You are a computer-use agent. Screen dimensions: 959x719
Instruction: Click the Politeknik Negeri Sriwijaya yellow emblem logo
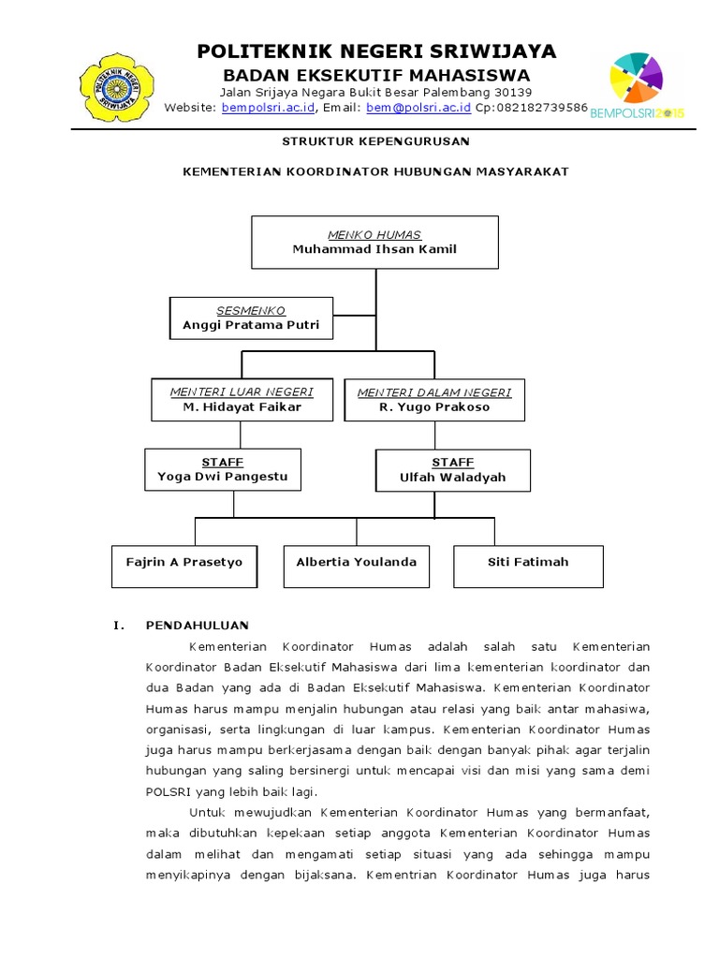tap(118, 86)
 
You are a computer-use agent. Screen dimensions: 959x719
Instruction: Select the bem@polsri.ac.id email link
tap(418, 109)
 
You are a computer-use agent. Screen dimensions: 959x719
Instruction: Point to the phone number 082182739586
tap(544, 109)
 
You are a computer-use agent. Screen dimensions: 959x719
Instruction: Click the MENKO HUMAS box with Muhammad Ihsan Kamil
tap(374, 242)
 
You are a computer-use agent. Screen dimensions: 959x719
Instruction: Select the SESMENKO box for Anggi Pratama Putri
tap(251, 318)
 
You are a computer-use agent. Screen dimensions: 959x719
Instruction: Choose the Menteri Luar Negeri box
tap(242, 399)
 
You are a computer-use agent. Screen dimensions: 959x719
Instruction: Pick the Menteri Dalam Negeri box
tap(434, 399)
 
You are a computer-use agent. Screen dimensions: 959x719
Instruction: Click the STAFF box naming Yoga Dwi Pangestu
tap(223, 469)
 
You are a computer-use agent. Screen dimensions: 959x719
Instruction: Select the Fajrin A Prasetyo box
tap(184, 566)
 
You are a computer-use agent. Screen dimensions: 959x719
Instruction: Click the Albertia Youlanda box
tap(357, 566)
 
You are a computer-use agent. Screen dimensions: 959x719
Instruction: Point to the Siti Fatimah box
tap(528, 566)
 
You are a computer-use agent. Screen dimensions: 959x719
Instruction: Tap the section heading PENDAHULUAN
tap(198, 625)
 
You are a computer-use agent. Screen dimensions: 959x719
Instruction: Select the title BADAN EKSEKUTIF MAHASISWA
tap(375, 75)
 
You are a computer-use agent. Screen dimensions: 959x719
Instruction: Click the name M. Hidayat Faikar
tap(242, 407)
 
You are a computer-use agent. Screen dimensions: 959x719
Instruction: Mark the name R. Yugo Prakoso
tap(434, 407)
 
